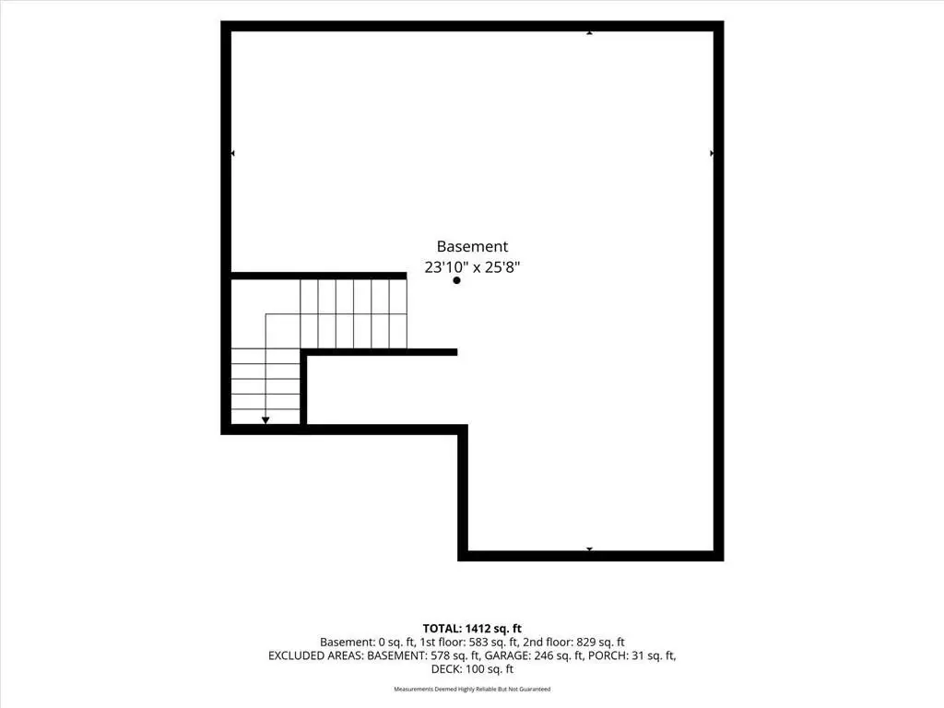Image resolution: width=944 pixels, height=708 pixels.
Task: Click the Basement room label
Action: click(472, 246)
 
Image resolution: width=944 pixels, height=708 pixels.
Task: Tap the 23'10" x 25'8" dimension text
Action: click(472, 266)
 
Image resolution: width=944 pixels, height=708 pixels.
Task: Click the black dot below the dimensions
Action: click(456, 280)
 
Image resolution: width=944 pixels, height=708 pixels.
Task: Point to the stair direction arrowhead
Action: click(265, 420)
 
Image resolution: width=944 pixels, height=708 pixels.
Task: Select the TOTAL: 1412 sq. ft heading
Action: click(472, 629)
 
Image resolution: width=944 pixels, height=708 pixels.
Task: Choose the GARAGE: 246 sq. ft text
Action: click(534, 655)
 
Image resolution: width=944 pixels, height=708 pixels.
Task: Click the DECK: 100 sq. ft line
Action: click(472, 669)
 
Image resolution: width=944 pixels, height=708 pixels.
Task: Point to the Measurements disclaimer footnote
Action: click(472, 689)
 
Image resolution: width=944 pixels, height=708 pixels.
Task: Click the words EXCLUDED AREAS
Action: click(315, 655)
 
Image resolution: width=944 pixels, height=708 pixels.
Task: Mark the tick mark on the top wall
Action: click(589, 32)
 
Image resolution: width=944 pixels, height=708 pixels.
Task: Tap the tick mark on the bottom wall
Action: click(589, 549)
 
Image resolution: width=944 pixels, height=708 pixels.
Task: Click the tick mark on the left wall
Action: click(233, 154)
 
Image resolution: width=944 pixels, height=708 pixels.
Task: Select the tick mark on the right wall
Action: click(712, 154)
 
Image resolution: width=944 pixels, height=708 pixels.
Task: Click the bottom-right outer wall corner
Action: click(723, 560)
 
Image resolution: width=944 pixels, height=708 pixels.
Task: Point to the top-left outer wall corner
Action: click(221, 22)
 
